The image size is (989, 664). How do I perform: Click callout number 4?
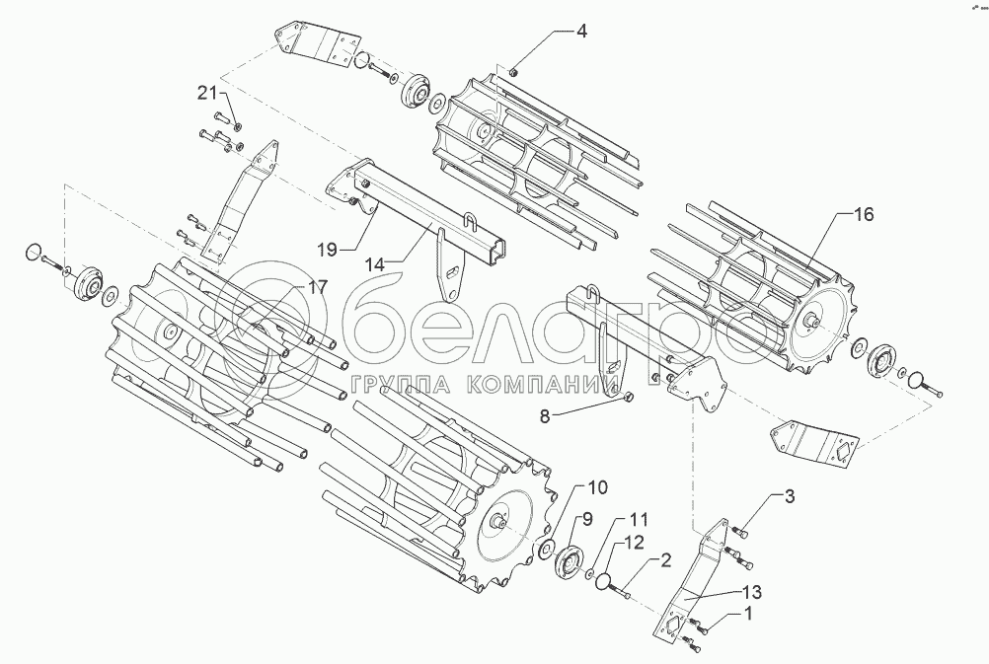581,32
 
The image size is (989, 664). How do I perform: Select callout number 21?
205,94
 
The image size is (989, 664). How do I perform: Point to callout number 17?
288,287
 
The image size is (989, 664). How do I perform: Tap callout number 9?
585,519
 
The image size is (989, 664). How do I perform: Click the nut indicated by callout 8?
629,398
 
